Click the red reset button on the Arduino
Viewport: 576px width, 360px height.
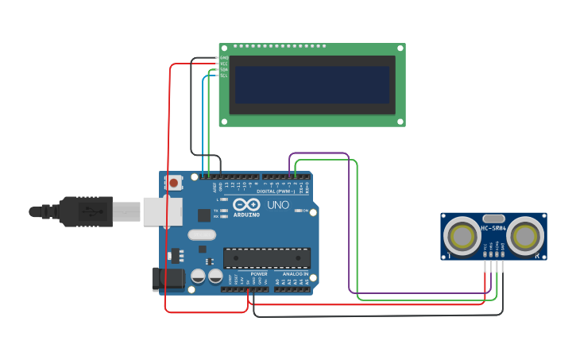point(174,183)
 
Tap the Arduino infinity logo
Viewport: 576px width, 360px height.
point(246,204)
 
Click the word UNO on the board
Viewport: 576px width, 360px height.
point(277,204)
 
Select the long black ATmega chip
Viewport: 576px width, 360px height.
point(266,258)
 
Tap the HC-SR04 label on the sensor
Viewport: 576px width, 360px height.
point(493,229)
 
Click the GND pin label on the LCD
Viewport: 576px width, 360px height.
point(224,58)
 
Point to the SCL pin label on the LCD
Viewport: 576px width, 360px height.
point(224,75)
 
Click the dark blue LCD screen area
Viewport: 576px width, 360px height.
point(311,85)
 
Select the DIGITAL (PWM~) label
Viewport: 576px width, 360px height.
point(275,191)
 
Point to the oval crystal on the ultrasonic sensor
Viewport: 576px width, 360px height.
point(493,219)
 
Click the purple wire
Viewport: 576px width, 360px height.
point(349,223)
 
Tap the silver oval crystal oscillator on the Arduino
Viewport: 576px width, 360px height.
point(202,234)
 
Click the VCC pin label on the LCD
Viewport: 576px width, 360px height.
point(224,64)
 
